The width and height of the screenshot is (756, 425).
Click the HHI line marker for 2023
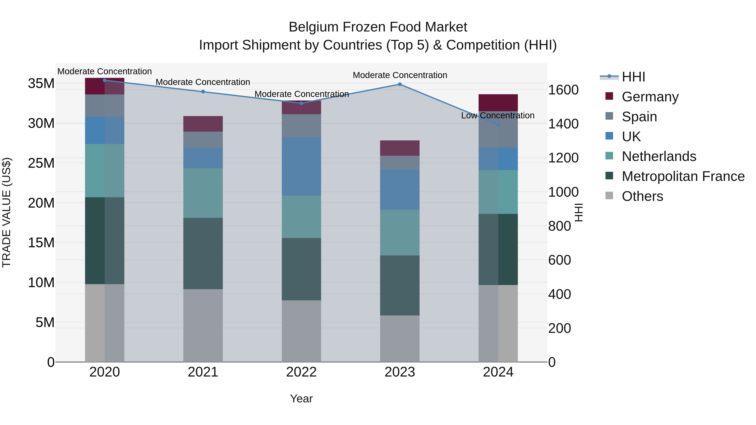pyautogui.click(x=400, y=84)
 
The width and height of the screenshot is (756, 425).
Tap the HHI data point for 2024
pyautogui.click(x=498, y=125)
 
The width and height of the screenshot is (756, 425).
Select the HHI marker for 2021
pyautogui.click(x=203, y=92)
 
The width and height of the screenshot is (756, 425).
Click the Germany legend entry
pyautogui.click(x=650, y=97)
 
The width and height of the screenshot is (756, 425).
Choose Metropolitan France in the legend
pyautogui.click(x=683, y=176)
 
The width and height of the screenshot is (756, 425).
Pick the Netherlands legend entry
pyautogui.click(x=659, y=156)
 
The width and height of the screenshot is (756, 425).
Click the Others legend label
pyautogui.click(x=642, y=196)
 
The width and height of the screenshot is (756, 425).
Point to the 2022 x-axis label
pyautogui.click(x=301, y=372)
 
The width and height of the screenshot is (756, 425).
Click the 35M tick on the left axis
pyautogui.click(x=41, y=84)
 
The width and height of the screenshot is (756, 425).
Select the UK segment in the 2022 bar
pyautogui.click(x=301, y=166)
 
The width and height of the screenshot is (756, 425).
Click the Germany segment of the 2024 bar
pyautogui.click(x=498, y=103)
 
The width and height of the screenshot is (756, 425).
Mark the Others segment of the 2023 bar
pyautogui.click(x=400, y=339)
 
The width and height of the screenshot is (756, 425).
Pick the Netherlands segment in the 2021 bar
pyautogui.click(x=203, y=193)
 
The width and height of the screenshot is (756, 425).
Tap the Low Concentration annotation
pyautogui.click(x=498, y=116)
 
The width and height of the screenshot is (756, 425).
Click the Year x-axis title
pyautogui.click(x=301, y=399)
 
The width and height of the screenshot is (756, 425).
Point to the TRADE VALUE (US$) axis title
pyautogui.click(x=7, y=212)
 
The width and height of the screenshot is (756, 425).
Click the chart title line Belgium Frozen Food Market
pyautogui.click(x=378, y=27)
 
